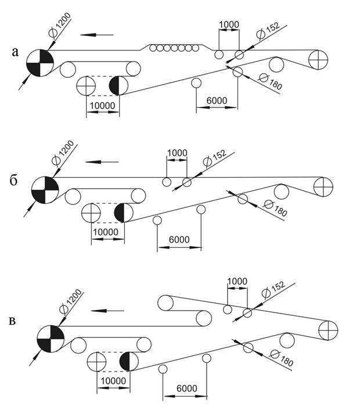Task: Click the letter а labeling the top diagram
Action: click(16, 53)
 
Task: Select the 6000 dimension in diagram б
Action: click(179, 239)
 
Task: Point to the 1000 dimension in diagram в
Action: click(237, 280)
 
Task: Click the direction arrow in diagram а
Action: click(97, 34)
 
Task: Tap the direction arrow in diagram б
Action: click(102, 161)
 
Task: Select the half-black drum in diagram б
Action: click(124, 212)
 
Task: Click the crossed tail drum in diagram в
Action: click(329, 330)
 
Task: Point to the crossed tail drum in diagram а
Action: click(318, 59)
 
